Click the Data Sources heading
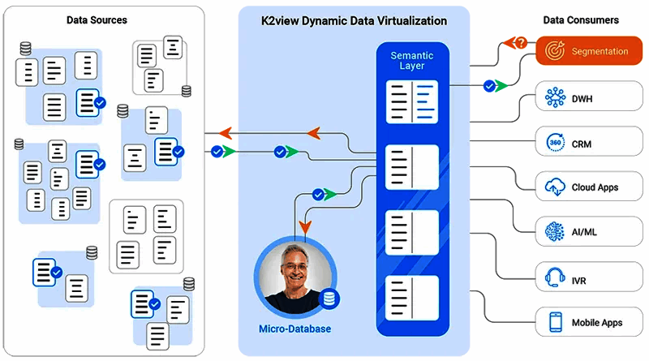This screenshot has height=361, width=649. click(x=97, y=19)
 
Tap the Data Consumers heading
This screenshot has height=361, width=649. click(x=580, y=19)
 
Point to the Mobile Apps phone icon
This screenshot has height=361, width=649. click(x=556, y=322)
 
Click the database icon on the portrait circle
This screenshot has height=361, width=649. click(x=329, y=299)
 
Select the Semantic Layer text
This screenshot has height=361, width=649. click(x=412, y=60)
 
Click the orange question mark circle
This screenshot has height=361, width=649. click(x=521, y=42)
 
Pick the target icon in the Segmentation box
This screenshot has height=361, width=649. click(x=556, y=51)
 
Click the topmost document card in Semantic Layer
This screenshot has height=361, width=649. click(x=412, y=101)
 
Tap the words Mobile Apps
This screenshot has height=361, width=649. click(x=596, y=323)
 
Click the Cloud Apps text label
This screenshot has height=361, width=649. click(x=595, y=187)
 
